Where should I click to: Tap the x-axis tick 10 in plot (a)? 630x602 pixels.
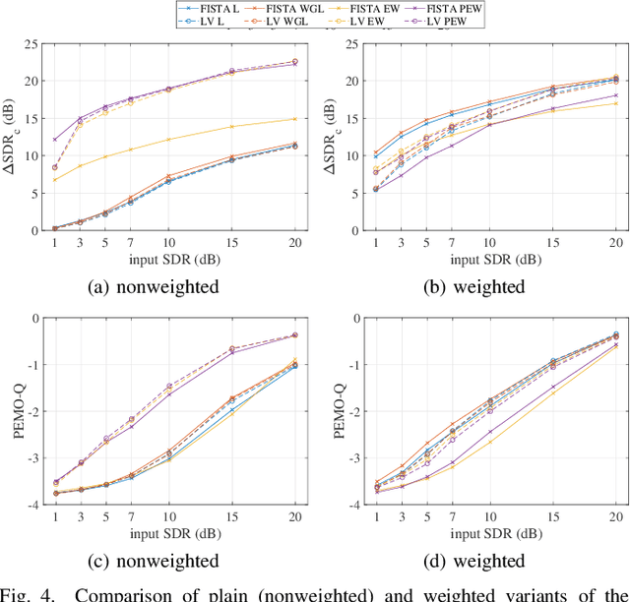click(x=168, y=242)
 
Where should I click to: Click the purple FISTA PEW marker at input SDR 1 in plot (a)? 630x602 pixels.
click(x=55, y=140)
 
